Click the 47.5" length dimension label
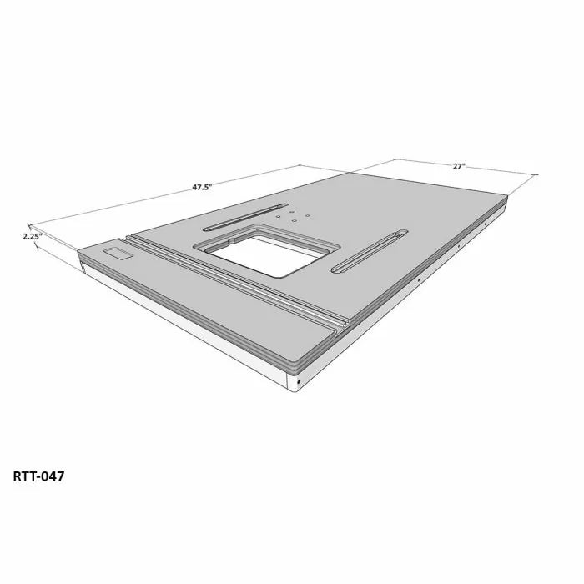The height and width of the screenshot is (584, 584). (201, 188)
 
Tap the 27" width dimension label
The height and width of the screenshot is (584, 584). (458, 166)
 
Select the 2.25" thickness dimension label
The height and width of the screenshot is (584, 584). (33, 236)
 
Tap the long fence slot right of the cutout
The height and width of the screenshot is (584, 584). (370, 251)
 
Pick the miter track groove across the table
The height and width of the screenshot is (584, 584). (242, 284)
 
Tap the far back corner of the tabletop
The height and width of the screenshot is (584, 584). (506, 196)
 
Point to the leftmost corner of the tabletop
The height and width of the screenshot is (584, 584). (78, 251)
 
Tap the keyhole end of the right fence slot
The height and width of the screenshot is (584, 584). (401, 233)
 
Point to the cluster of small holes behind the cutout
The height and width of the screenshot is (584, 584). (292, 214)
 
